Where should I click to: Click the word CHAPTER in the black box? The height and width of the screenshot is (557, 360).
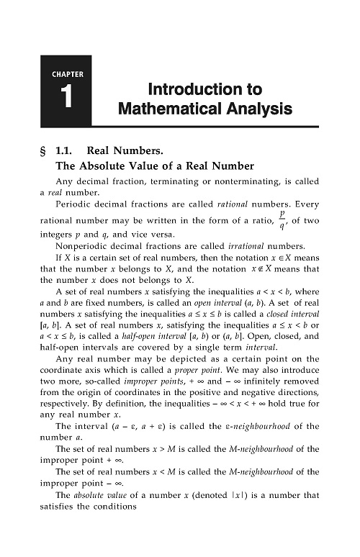(x=68, y=74)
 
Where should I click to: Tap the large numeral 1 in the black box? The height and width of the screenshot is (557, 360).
(x=68, y=101)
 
